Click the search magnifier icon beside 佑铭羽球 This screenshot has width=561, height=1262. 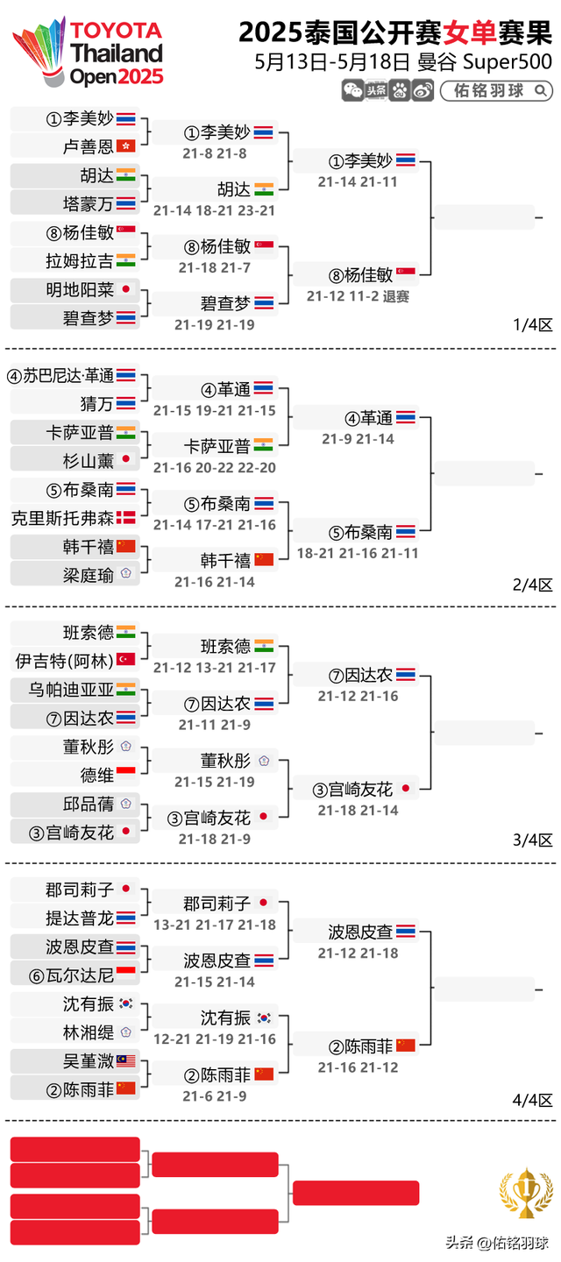tap(540, 90)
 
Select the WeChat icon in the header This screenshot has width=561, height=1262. tap(353, 90)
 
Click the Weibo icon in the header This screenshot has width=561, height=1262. tap(423, 90)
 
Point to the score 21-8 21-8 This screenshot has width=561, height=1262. tap(215, 153)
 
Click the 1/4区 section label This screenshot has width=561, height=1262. tap(532, 324)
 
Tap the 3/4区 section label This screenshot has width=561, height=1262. tap(532, 840)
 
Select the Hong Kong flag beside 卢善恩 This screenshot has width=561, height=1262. tap(126, 146)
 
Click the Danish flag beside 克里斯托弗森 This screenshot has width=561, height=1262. tap(126, 518)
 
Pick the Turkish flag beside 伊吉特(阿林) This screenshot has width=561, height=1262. tap(126, 660)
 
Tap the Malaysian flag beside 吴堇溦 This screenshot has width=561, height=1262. tap(126, 1061)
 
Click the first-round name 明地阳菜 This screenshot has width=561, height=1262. tap(80, 289)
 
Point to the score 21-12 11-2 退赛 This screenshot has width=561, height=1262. tap(358, 296)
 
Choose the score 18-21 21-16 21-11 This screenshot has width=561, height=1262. tap(358, 553)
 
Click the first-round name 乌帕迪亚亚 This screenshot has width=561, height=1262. tap(72, 690)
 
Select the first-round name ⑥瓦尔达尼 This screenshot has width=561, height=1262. tap(72, 975)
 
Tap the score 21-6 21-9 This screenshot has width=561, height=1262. tap(215, 1095)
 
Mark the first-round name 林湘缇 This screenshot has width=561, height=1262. tap(89, 1032)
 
